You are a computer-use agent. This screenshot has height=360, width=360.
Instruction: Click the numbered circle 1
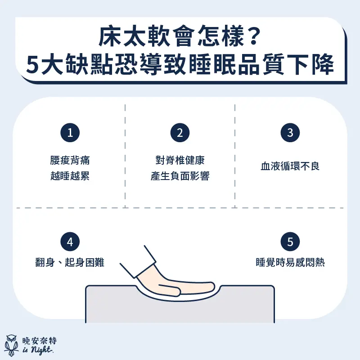click(70, 133)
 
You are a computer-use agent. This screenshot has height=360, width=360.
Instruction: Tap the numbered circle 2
click(180, 133)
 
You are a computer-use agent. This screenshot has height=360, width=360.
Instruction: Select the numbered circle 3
click(290, 133)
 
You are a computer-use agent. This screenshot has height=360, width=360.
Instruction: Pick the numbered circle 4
click(70, 242)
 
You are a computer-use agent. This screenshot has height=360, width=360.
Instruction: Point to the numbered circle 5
click(290, 242)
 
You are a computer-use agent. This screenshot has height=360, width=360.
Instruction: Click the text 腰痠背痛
click(70, 161)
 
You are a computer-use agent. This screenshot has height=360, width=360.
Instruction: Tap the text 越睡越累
click(70, 176)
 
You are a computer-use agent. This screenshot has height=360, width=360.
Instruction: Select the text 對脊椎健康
click(180, 161)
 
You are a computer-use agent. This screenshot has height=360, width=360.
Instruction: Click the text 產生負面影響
click(180, 176)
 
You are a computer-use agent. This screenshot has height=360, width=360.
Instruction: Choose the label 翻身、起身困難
click(70, 262)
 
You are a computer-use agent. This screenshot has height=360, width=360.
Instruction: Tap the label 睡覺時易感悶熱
click(290, 262)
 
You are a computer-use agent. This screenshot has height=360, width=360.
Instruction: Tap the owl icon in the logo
click(12, 344)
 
